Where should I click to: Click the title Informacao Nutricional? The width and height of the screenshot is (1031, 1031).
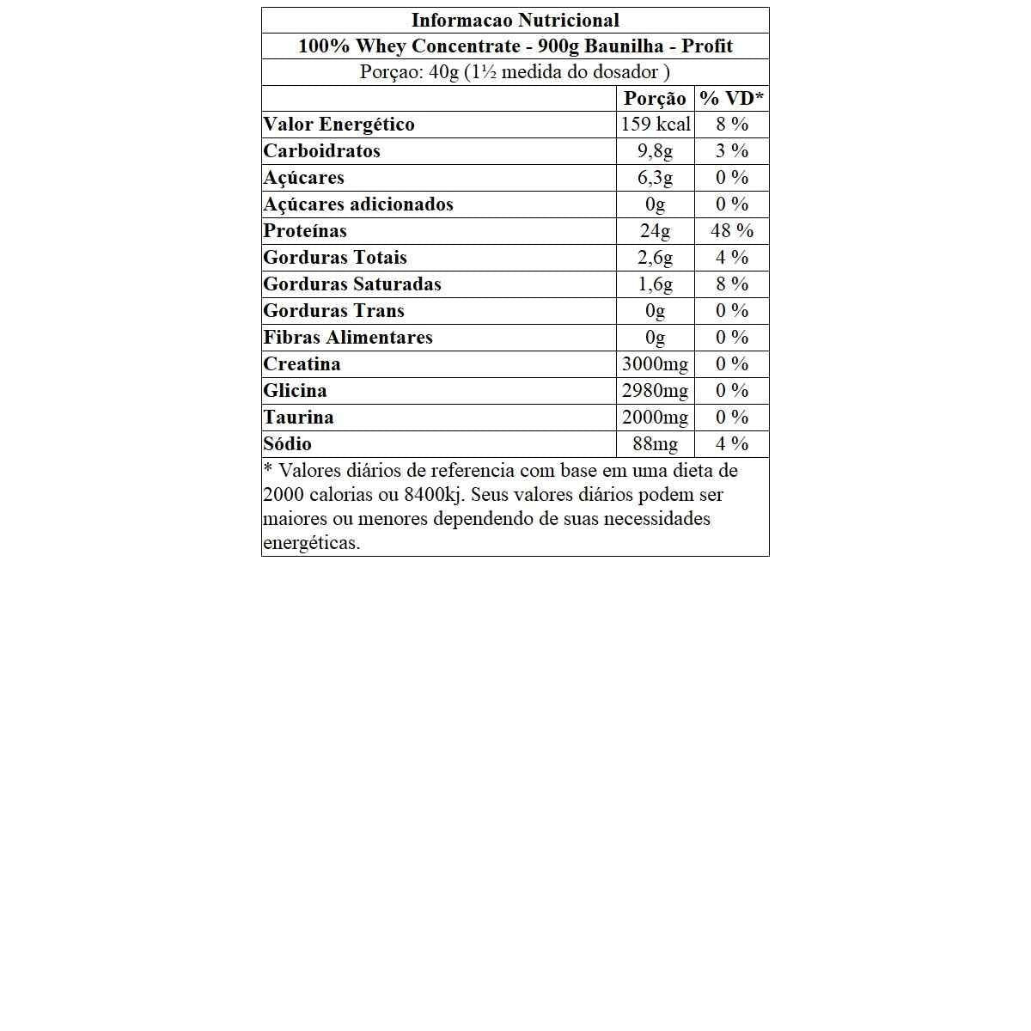coord(515,21)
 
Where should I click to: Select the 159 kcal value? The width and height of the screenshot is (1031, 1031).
coord(656,125)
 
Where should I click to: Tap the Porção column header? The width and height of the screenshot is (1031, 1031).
coord(655,99)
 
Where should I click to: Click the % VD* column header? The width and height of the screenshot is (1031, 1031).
coord(731,99)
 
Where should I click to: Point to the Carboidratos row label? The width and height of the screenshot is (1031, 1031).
coord(321,151)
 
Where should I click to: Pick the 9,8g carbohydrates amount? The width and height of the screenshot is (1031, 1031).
coord(655,151)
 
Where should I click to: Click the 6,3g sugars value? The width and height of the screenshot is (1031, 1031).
coord(655,178)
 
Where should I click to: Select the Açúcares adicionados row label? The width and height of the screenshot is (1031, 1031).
coord(358,204)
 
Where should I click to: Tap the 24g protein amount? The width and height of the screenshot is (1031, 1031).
coord(655,231)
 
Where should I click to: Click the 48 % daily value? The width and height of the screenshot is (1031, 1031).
coord(732,231)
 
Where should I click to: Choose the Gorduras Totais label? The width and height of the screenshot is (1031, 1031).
coord(335,258)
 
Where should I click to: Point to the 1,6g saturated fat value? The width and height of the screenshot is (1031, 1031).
coord(655,284)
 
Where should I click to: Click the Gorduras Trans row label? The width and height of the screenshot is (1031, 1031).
coord(333,311)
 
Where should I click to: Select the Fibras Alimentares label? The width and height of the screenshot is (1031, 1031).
coord(348,338)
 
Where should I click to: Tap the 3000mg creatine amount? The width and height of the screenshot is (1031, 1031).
coord(655,364)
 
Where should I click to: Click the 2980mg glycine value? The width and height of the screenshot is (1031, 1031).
coord(655,391)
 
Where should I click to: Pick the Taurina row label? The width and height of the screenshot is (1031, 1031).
coord(298,418)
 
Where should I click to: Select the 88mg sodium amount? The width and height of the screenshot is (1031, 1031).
coord(655,444)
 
